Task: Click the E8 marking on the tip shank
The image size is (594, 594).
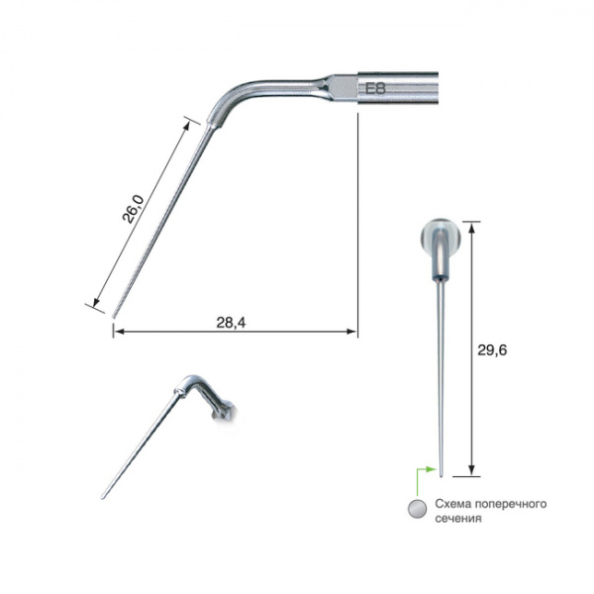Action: pos(375,89)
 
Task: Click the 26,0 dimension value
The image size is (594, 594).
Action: pos(133,209)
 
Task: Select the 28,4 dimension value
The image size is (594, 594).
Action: pos(231,323)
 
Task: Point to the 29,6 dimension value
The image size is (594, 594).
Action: pos(492,350)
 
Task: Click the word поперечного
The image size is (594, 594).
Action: pos(511,505)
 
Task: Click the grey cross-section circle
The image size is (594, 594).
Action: pos(418,509)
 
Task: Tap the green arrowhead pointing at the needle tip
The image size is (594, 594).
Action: pos(432,469)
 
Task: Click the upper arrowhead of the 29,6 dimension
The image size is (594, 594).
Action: pos(471,228)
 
